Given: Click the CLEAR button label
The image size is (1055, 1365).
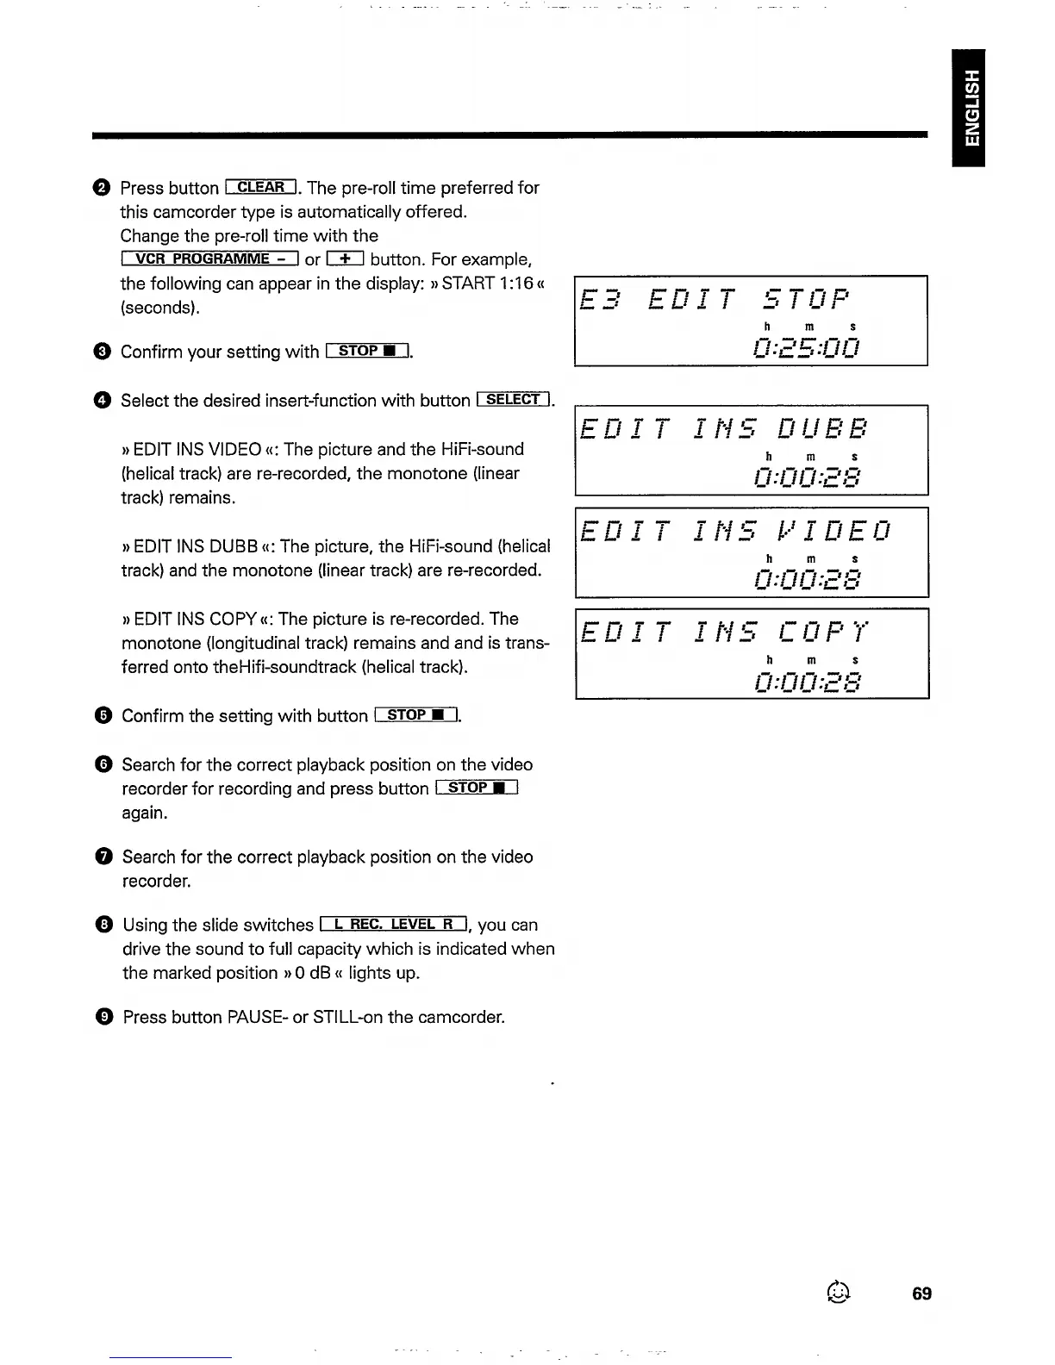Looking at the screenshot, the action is pos(260,187).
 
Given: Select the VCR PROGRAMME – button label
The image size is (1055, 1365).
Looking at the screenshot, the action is pos(210,259).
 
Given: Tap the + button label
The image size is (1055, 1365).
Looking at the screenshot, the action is pos(345,259).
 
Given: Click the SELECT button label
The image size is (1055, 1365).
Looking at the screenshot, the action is pos(513,399).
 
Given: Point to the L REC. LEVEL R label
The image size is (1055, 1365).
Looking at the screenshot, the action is pos(393,924).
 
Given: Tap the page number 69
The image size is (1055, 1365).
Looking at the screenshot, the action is pos(921,1293).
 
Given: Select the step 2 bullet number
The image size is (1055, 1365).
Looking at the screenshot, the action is pos(102,188).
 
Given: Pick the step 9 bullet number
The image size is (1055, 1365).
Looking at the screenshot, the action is pos(104,1017).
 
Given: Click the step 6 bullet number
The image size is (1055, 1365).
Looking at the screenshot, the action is pos(103,764).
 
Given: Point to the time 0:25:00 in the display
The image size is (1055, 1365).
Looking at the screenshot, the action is pos(806,347).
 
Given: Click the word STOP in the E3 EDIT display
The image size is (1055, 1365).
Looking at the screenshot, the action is pos(807,299).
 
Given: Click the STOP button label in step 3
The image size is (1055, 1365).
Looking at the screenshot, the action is pos(367,351).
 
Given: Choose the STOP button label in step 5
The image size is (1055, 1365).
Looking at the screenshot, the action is pos(416,714).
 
